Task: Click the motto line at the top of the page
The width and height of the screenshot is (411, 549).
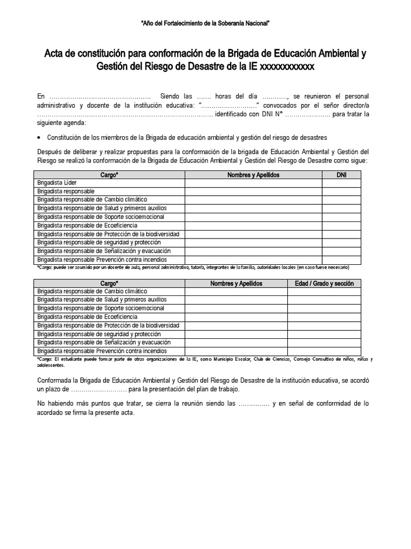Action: (205, 24)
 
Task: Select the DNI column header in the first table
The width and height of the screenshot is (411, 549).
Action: (342, 175)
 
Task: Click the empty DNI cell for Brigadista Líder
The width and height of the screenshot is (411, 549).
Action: (342, 183)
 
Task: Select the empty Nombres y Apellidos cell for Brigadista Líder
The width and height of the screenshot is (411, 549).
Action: (253, 183)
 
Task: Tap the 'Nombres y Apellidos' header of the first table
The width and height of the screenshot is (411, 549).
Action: (253, 175)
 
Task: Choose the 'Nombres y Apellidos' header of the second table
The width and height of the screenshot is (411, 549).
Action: (236, 284)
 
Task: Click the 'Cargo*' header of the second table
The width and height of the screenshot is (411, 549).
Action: (109, 284)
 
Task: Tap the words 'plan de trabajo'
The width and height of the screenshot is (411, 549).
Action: (217, 389)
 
